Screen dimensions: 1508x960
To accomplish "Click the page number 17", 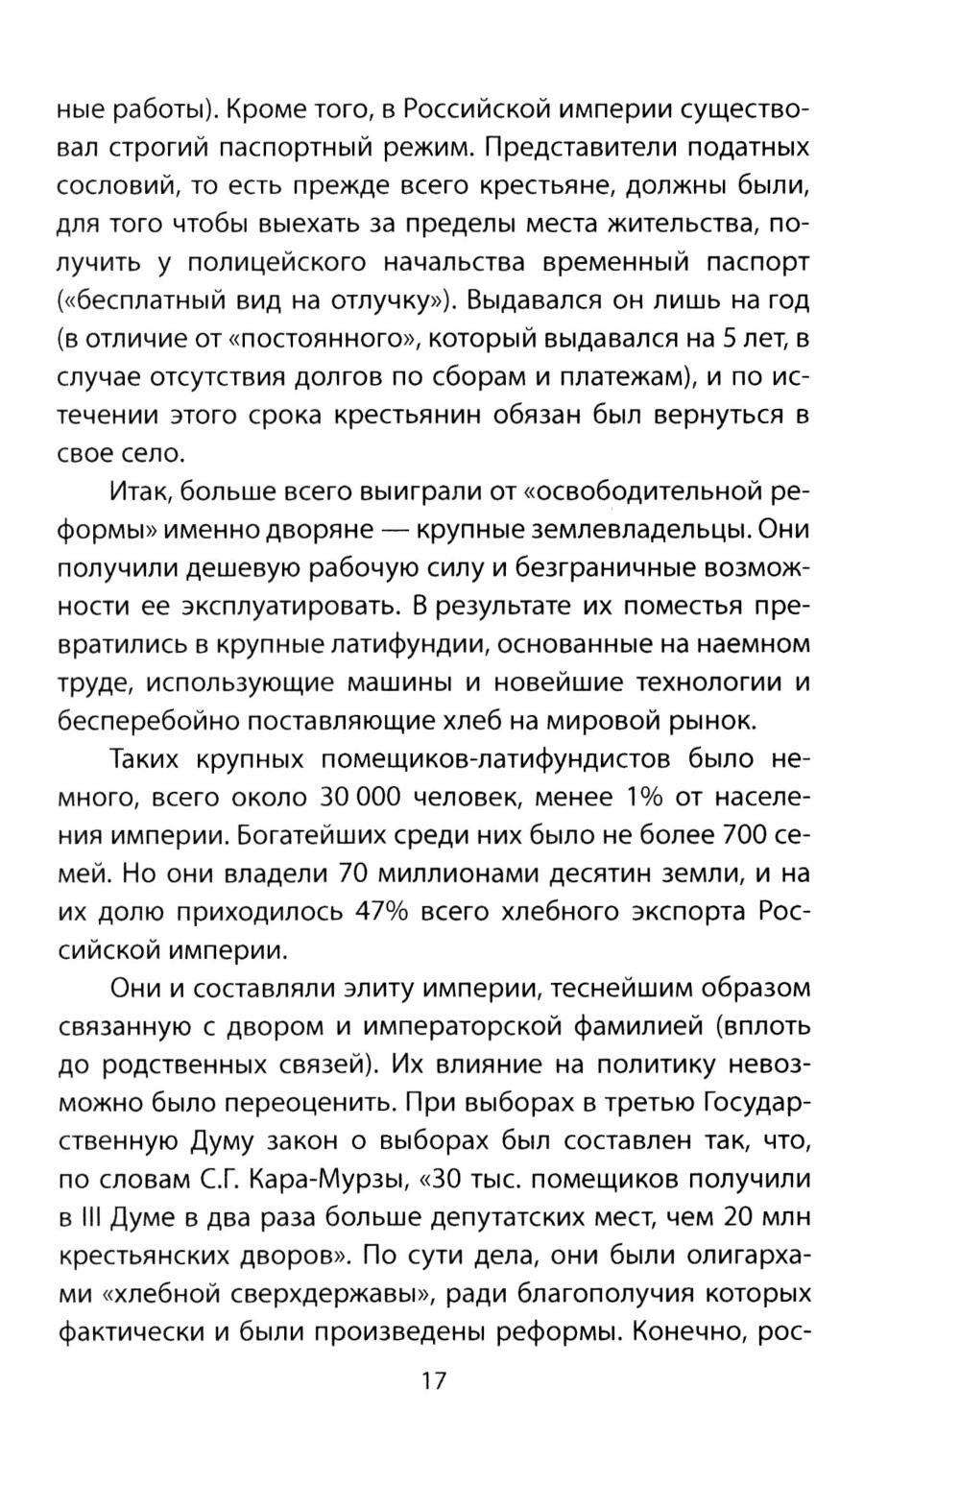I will (x=433, y=1380).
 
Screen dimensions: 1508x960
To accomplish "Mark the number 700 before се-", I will (x=730, y=835).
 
